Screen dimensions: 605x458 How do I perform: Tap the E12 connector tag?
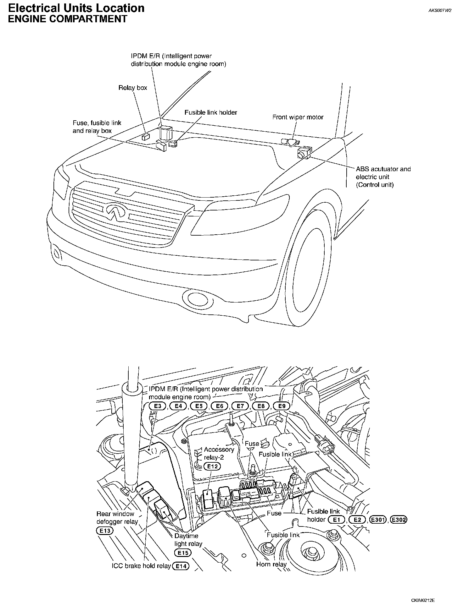(x=212, y=466)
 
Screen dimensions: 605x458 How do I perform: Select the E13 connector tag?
(x=104, y=531)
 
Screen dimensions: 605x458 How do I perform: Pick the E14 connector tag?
(x=181, y=566)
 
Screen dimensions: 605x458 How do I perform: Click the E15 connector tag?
(x=183, y=553)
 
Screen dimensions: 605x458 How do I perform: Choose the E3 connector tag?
(x=158, y=406)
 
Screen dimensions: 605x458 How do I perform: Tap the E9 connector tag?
(x=282, y=406)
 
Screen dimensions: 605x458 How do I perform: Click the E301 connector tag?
(x=378, y=520)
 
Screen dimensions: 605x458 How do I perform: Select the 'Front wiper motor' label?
(x=298, y=117)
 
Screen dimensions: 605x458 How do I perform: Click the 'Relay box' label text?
(x=133, y=88)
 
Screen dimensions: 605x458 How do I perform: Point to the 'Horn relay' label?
(x=271, y=564)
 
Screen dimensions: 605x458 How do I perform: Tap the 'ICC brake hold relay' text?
(x=141, y=566)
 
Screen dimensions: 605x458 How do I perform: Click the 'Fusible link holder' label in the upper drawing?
(x=211, y=112)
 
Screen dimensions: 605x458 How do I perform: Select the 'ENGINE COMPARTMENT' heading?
(x=67, y=19)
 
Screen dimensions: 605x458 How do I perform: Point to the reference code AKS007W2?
(x=440, y=10)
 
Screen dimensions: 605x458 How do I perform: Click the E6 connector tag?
(x=220, y=406)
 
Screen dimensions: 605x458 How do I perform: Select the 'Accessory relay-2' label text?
(x=219, y=453)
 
